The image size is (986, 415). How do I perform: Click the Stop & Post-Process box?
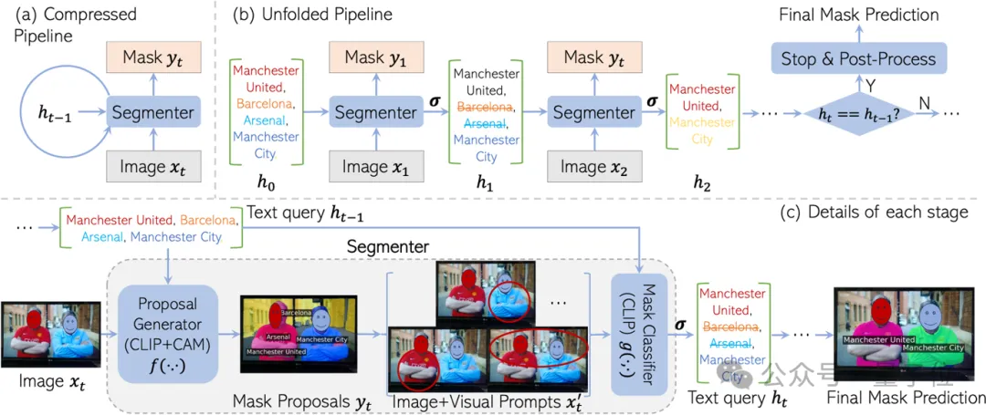[x=858, y=59]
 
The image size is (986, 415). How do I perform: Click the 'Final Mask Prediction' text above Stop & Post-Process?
[x=858, y=15]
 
